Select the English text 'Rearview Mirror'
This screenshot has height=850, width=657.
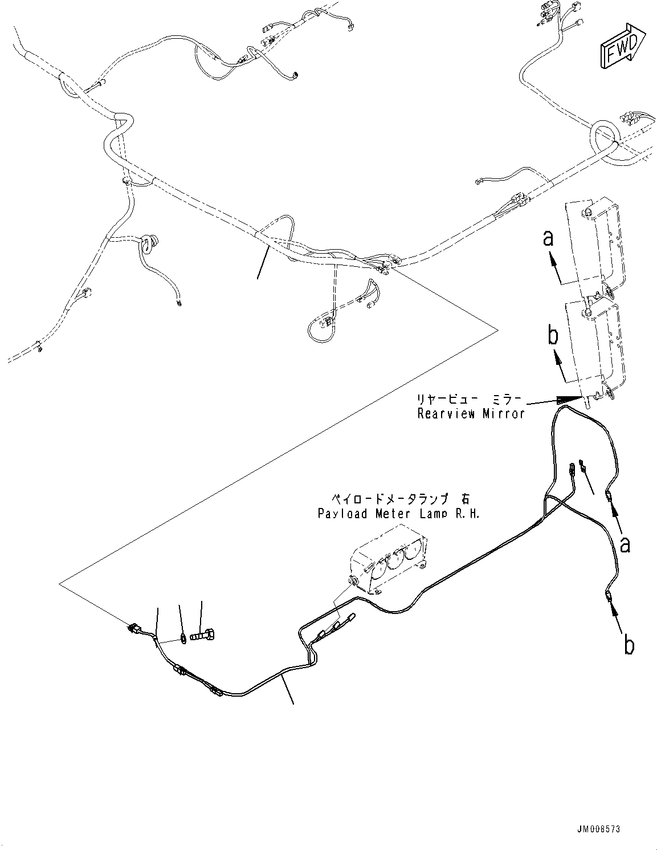(471, 413)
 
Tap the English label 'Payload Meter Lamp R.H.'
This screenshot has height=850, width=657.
(399, 514)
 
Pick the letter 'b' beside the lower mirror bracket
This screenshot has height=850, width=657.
(553, 336)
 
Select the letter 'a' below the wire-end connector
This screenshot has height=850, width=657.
(625, 545)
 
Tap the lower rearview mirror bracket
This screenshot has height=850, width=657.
(595, 348)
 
